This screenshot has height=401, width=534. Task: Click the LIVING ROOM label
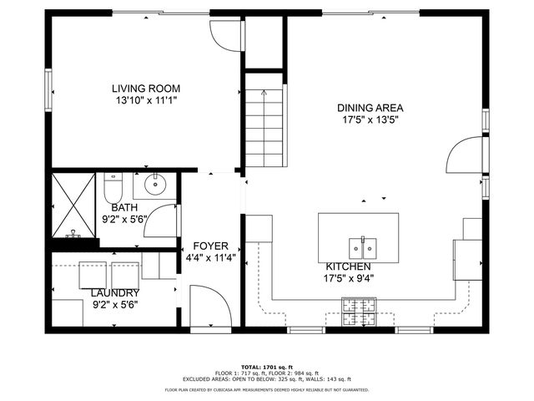pyautogui.click(x=146, y=88)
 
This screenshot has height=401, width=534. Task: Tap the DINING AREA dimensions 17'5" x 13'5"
pyautogui.click(x=370, y=119)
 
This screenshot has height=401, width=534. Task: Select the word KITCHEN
pyautogui.click(x=348, y=266)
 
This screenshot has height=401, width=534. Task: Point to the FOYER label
pyautogui.click(x=210, y=246)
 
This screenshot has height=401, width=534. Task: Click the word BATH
pyautogui.click(x=124, y=208)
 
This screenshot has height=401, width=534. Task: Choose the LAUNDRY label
pyautogui.click(x=114, y=293)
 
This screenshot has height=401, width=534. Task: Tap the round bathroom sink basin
pyautogui.click(x=155, y=185)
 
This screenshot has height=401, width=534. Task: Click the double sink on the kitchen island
pyautogui.click(x=363, y=248)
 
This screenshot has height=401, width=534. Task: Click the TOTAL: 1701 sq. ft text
pyautogui.click(x=266, y=367)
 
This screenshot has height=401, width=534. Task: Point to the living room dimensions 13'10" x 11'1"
pyautogui.click(x=146, y=99)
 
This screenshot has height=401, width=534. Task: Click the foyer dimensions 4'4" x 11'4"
pyautogui.click(x=210, y=257)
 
